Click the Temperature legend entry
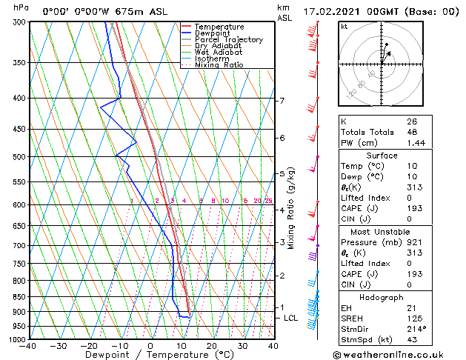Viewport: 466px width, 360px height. pyautogui.click(x=219, y=27)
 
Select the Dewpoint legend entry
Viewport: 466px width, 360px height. pyautogui.click(x=213, y=33)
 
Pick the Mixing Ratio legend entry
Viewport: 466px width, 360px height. pyautogui.click(x=219, y=65)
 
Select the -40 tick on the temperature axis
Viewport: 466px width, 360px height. pyautogui.click(x=29, y=345)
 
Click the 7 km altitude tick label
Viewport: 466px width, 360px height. pyautogui.click(x=282, y=101)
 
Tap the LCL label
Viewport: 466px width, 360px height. pyautogui.click(x=291, y=318)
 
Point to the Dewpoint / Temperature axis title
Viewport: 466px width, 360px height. pyautogui.click(x=150, y=355)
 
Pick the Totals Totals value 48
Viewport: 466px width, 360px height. pyautogui.click(x=412, y=131)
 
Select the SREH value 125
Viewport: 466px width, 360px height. pyautogui.click(x=413, y=319)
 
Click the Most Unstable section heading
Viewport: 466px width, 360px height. pyautogui.click(x=382, y=231)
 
